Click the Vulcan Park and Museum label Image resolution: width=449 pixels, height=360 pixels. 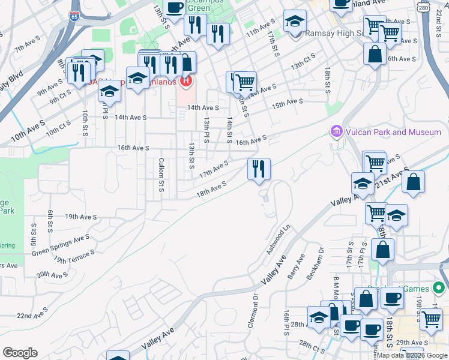coord(392,132)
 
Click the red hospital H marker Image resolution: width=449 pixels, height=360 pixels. coord(186,80)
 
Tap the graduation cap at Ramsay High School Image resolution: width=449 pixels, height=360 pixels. coord(295,22)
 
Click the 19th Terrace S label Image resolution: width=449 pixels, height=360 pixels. coord(74,257)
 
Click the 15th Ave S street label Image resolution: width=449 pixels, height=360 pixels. coord(288,103)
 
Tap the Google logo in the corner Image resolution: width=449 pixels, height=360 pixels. coord(20,353)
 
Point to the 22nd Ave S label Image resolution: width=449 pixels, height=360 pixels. coord(32,315)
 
